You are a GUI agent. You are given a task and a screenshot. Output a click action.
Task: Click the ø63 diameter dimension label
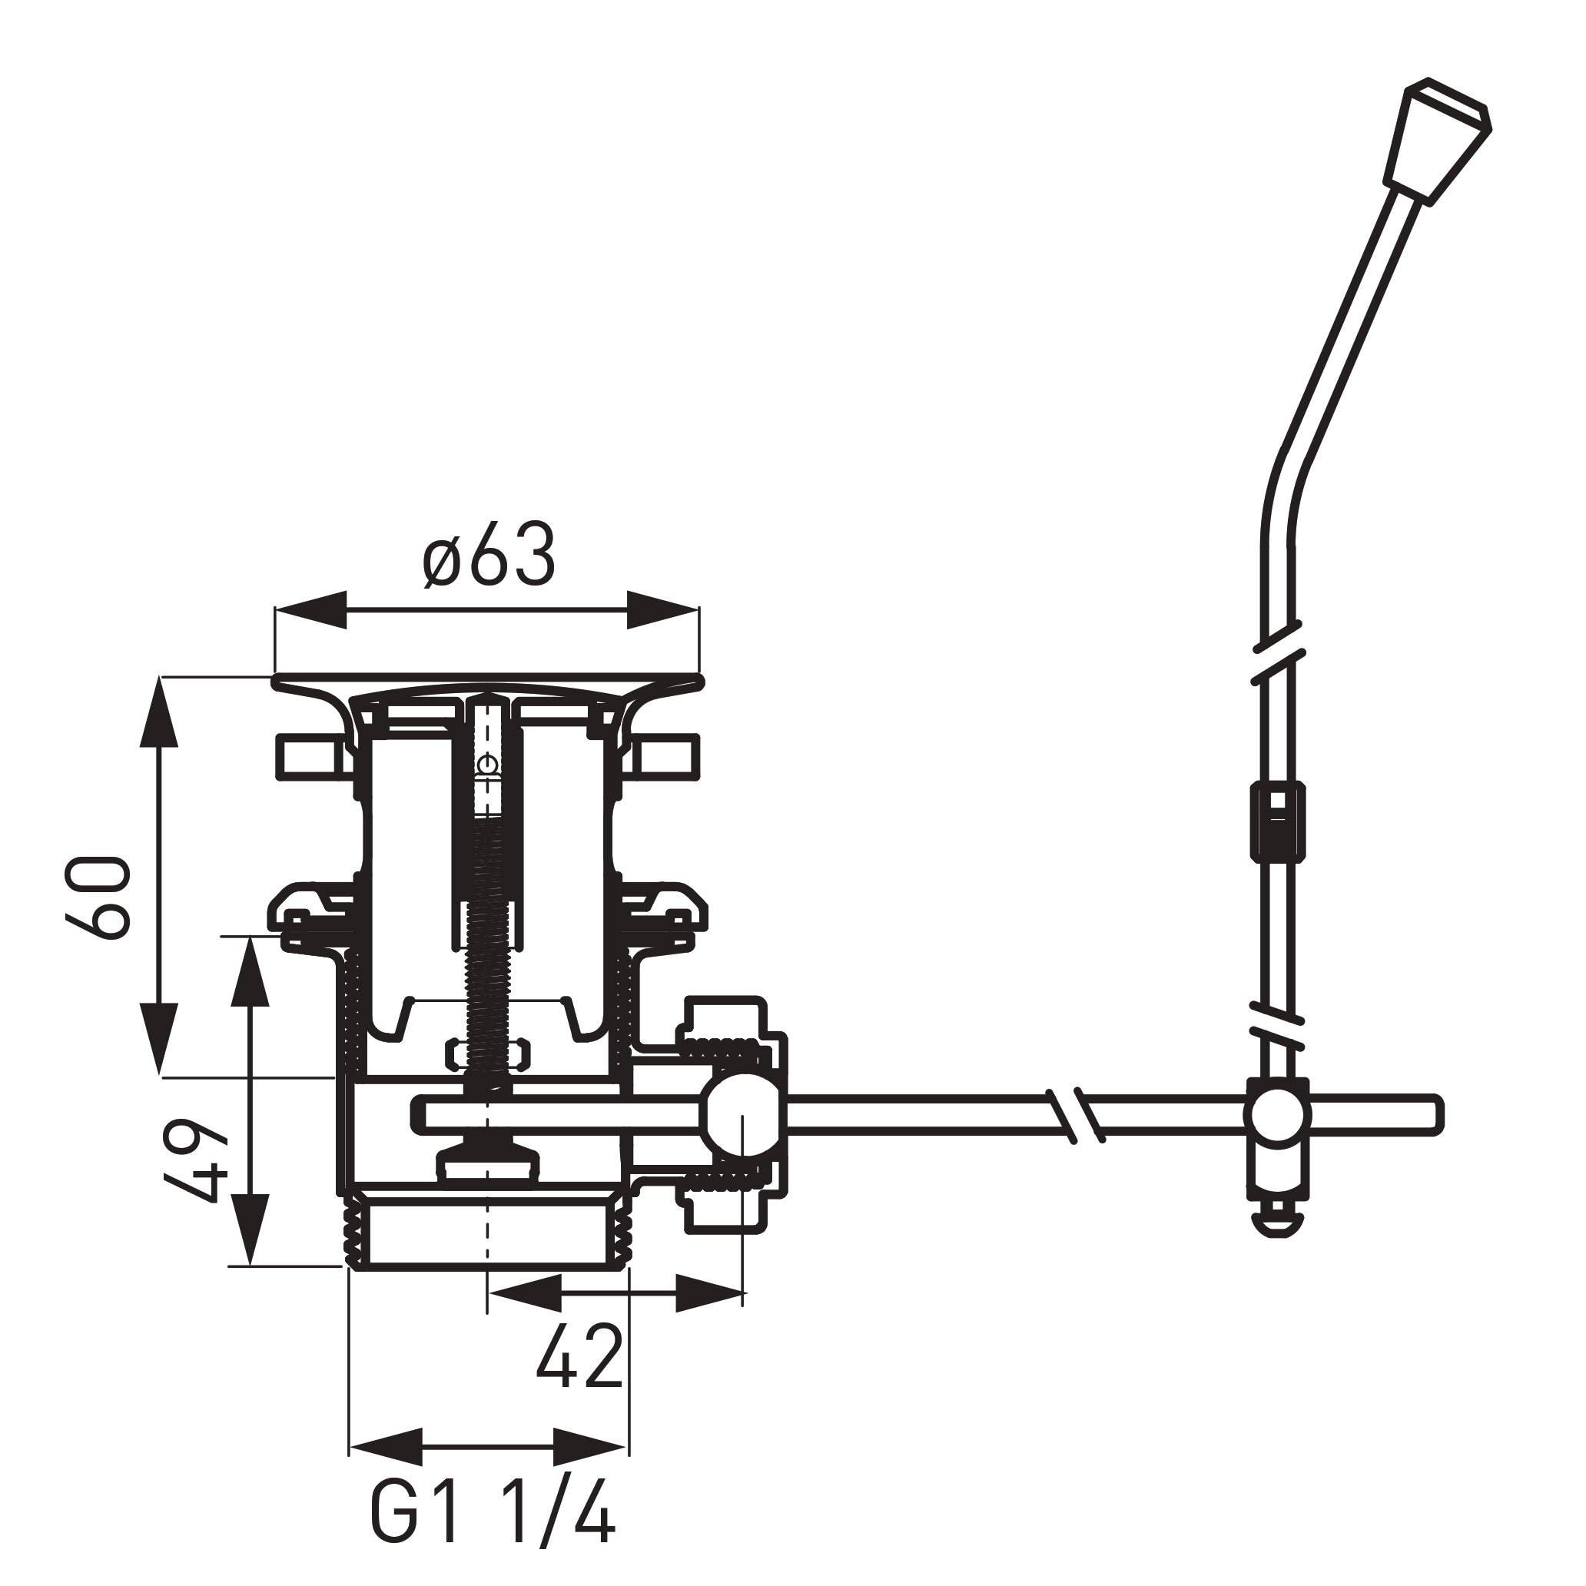[x=490, y=556]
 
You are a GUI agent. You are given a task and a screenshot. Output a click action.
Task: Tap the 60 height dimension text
[x=98, y=897]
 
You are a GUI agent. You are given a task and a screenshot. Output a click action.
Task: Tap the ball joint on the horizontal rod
[x=741, y=1116]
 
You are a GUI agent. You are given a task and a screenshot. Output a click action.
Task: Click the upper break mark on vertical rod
[x=1277, y=654]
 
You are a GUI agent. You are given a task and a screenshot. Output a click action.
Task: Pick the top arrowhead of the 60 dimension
[x=159, y=712]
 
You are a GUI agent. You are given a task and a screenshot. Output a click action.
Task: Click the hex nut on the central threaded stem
[x=488, y=1055]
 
